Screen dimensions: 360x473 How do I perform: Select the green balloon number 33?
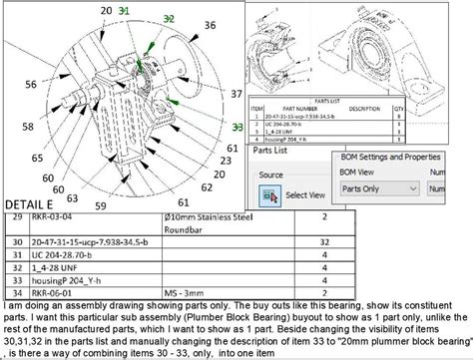236,128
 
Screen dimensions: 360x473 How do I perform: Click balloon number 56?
30,84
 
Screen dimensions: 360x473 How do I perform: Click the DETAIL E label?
29,203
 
